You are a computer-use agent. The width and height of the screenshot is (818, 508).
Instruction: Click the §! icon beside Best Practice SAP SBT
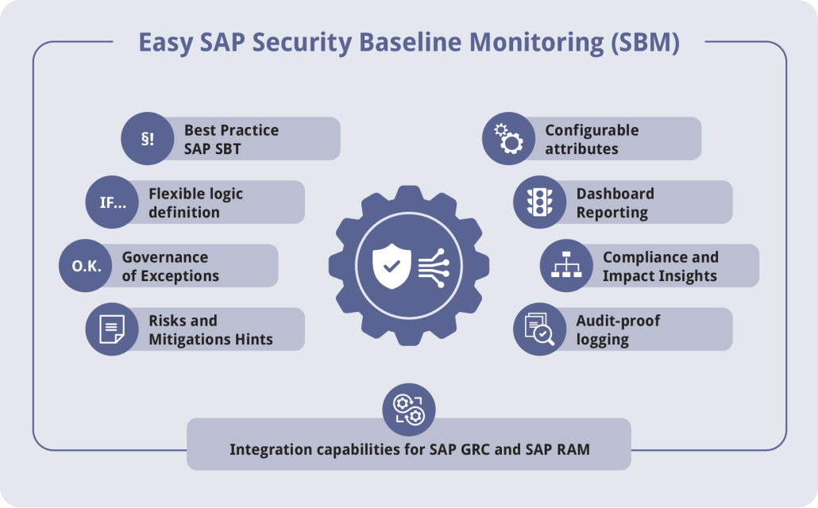pos(147,139)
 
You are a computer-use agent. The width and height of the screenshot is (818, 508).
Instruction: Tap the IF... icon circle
pos(112,202)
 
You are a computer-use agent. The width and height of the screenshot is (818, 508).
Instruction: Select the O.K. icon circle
pos(86,266)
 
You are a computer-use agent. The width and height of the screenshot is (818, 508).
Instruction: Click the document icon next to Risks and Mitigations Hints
pos(112,329)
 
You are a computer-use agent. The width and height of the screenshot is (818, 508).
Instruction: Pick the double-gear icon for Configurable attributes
pos(508,139)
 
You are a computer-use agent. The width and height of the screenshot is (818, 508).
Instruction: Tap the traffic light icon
pos(539,202)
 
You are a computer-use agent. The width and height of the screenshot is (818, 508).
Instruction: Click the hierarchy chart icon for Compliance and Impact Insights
pos(566,266)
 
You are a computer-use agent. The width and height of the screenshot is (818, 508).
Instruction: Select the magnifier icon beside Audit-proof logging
pos(539,329)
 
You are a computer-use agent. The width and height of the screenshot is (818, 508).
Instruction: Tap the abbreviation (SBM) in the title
pos(645,42)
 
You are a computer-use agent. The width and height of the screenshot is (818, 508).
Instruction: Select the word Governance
pos(164,257)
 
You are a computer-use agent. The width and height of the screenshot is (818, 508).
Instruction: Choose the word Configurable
pos(592,130)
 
